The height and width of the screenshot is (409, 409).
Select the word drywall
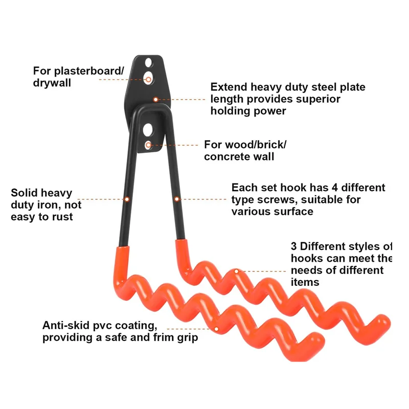tap(52, 82)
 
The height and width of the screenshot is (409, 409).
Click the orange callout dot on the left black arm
tap(126, 198)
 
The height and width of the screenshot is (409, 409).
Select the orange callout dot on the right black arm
tap(177, 199)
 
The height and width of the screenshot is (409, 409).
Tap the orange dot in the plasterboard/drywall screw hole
tap(148, 79)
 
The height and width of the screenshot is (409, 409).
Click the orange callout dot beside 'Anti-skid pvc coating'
tap(217, 329)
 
